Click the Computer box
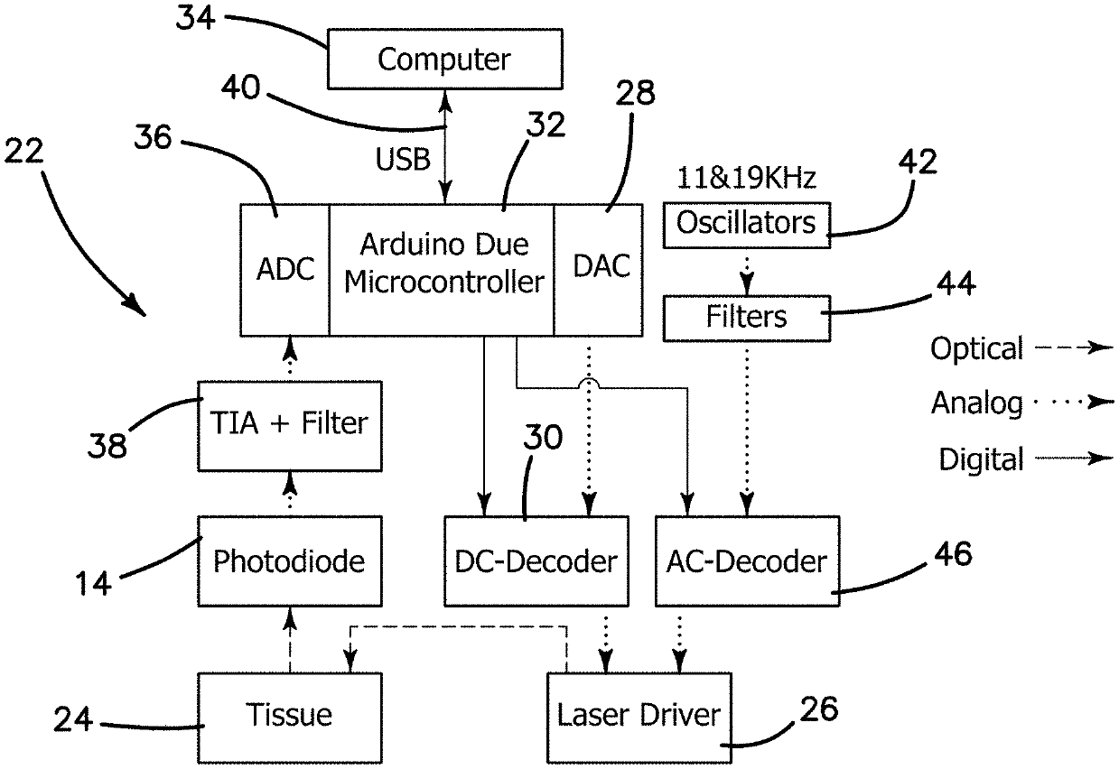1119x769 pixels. point(443,60)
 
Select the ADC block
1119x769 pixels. point(284,269)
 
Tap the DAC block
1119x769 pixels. point(601,269)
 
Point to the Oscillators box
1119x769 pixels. point(746,224)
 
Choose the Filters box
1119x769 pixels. point(746,318)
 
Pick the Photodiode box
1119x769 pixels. point(289,561)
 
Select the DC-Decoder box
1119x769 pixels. point(536,561)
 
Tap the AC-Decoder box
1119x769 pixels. point(747,561)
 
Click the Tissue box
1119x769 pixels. point(289,715)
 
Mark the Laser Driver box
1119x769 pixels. point(639,715)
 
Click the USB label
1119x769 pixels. point(403,161)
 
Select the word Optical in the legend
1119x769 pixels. point(976,348)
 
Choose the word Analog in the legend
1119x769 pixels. point(976,403)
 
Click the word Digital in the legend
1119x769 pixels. point(981,459)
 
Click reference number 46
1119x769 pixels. point(948,553)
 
